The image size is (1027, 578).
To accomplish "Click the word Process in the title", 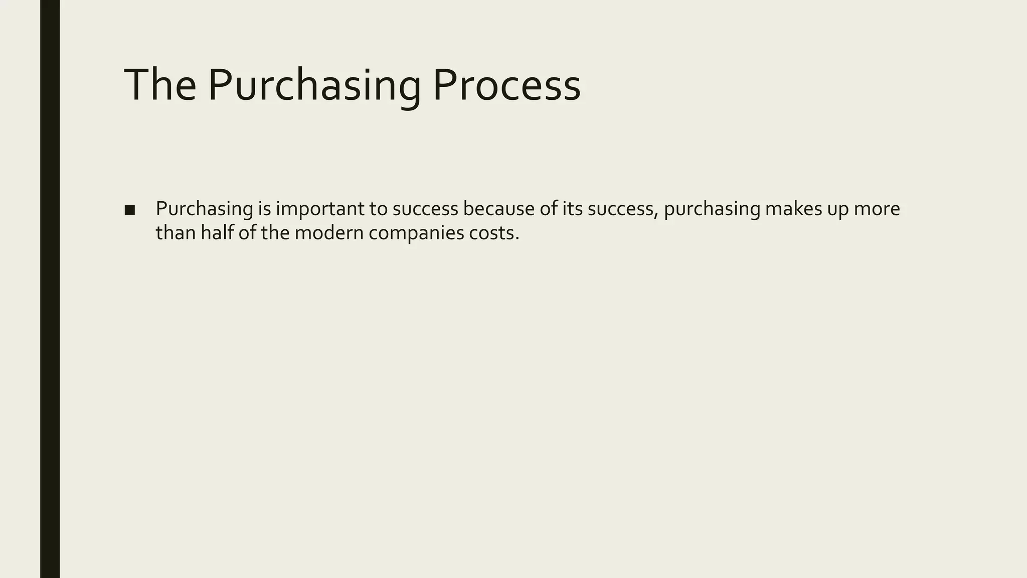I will (x=506, y=85).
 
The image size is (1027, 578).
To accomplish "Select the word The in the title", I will (x=160, y=85).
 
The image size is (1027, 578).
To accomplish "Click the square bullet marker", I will (x=129, y=210).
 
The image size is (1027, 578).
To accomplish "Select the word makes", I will (x=793, y=209).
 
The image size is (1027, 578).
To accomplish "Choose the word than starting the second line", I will (x=176, y=233).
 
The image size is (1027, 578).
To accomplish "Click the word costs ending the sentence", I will (x=493, y=233).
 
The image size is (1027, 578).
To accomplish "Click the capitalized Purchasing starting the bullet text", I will (x=204, y=209).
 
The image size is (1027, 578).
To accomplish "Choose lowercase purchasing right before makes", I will (x=712, y=209).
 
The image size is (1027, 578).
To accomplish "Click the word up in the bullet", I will (x=838, y=209).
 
